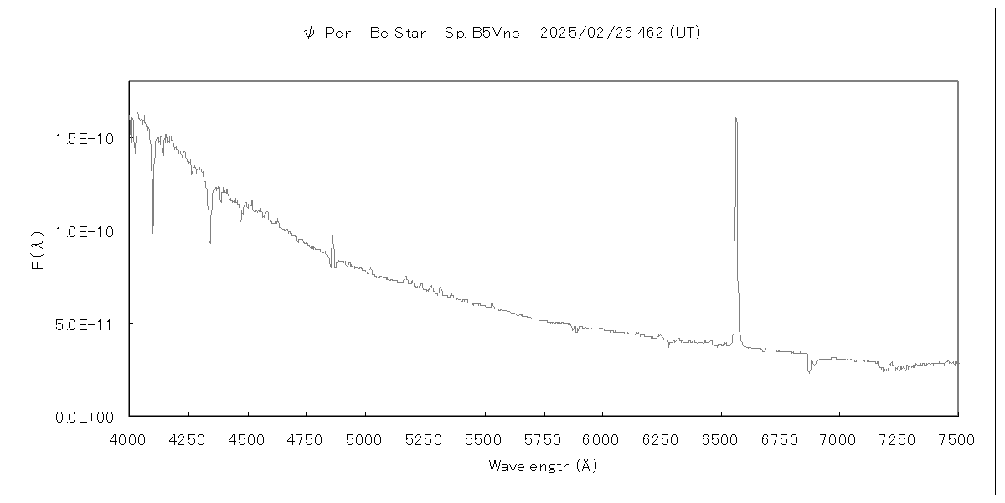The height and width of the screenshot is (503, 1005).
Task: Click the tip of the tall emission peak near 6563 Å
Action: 735,117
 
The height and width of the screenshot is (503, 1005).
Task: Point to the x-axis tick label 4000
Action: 129,438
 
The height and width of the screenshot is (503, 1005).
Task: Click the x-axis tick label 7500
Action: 958,438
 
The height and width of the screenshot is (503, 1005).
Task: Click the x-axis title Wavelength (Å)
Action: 543,465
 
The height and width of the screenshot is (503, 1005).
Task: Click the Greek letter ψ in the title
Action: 308,34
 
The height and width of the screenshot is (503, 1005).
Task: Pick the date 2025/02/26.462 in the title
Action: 602,34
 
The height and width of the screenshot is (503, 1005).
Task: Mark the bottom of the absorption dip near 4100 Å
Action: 152,232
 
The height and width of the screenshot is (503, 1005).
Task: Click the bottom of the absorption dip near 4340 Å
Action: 209,242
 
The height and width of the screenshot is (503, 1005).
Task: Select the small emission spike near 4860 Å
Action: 332,236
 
